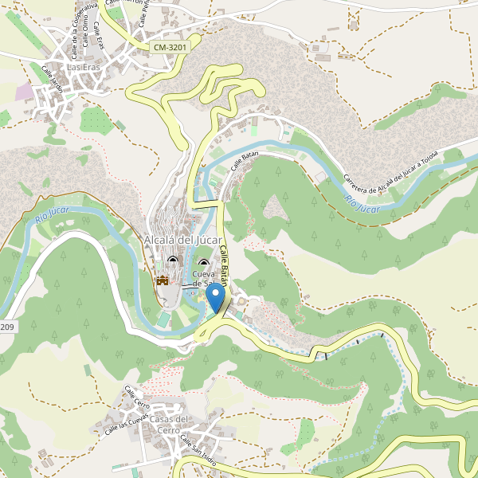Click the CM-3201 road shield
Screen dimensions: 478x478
coord(170,48)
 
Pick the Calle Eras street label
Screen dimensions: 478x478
coord(99,33)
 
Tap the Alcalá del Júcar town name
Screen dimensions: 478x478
coord(182,240)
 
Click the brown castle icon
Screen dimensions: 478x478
coord(163,280)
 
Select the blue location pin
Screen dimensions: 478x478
coord(215,298)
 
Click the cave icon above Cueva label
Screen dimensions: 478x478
coord(203,264)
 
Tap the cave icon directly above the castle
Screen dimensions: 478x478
coord(173,260)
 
